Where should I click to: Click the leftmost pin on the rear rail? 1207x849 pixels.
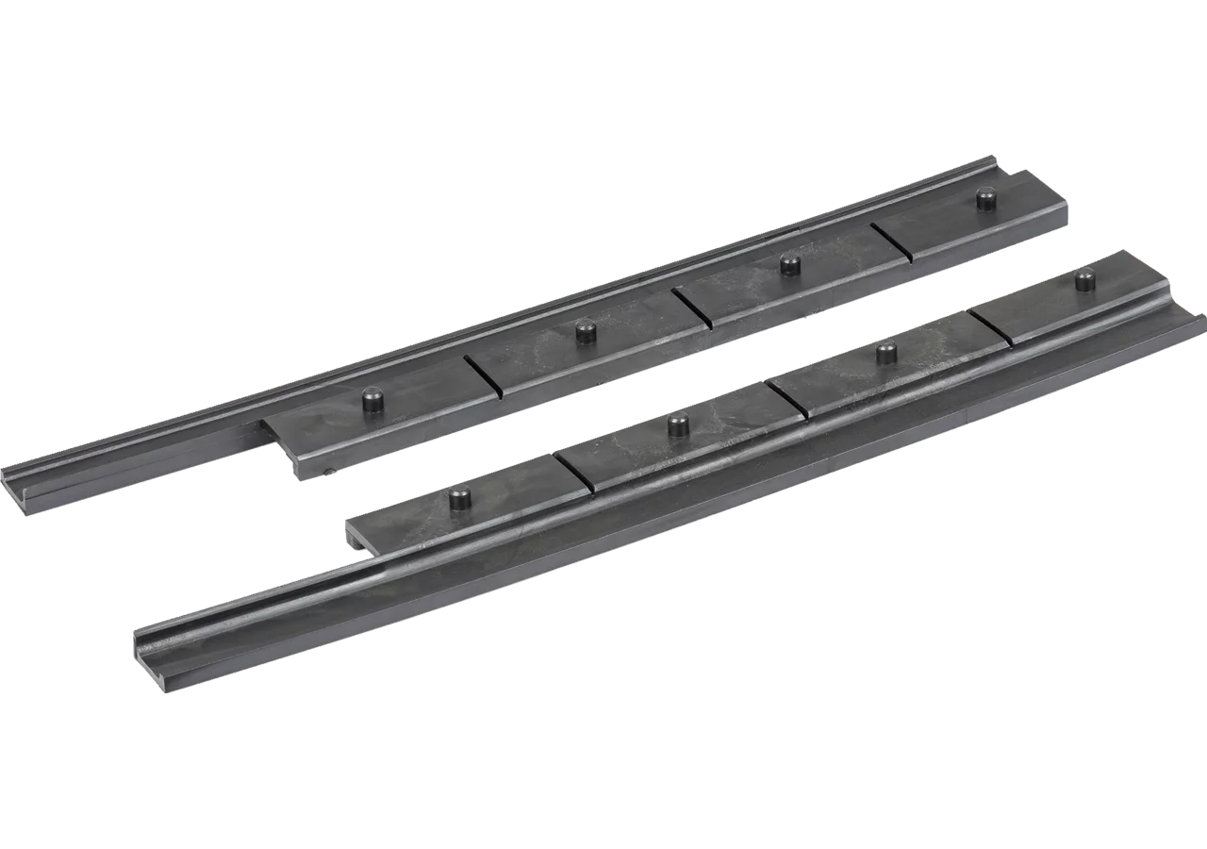(374, 400)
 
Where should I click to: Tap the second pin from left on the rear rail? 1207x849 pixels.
(587, 331)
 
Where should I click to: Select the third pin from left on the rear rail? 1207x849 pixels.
(790, 265)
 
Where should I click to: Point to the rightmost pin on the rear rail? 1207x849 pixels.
(986, 199)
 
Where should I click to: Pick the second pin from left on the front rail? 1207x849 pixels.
(678, 424)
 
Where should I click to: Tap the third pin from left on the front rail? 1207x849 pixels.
(886, 354)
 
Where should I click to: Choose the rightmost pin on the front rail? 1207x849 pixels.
(1085, 279)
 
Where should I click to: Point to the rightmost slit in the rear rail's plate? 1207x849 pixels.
(891, 242)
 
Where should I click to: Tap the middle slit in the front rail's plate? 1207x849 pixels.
(787, 399)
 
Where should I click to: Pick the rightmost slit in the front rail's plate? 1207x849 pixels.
(990, 325)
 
